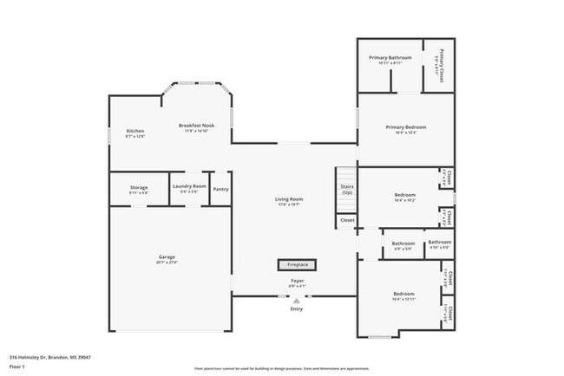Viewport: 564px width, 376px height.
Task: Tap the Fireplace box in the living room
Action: (297, 264)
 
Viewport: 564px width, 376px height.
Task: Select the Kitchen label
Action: (135, 131)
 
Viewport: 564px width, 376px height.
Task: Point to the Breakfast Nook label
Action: (197, 126)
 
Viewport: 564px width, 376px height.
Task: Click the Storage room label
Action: (139, 187)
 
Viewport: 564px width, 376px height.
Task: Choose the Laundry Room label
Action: (189, 186)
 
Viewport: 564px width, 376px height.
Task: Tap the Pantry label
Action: (221, 189)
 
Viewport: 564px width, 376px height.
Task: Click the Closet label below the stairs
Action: (347, 220)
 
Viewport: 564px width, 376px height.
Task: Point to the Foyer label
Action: (297, 282)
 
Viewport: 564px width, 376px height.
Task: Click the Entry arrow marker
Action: (297, 300)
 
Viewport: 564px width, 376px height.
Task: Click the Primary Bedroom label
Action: (406, 127)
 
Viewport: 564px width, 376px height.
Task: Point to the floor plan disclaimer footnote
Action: (281, 368)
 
